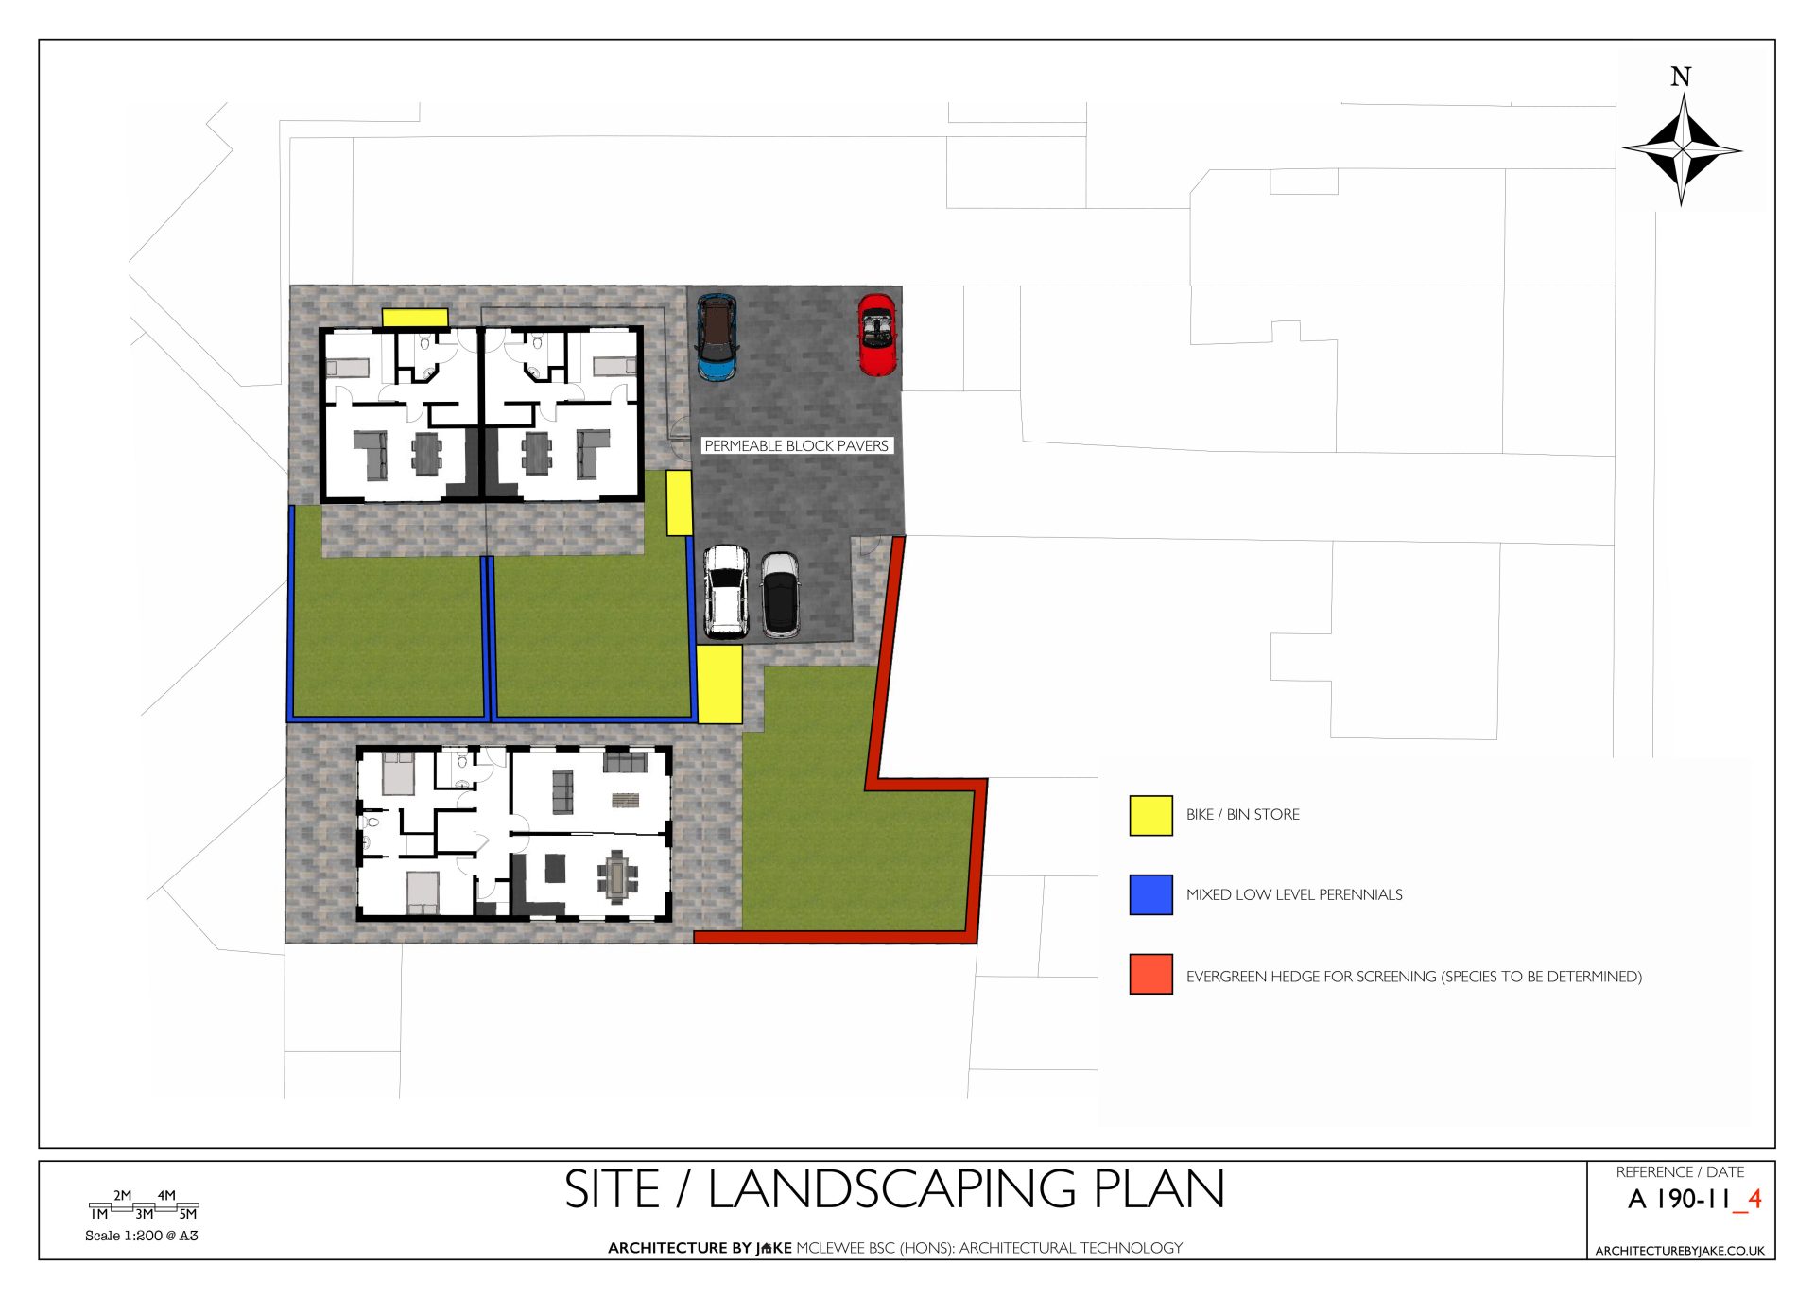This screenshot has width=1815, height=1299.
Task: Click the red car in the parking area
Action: (876, 335)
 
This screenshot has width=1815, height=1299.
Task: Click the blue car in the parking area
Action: (717, 338)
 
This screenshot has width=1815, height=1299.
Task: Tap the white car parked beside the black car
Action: (726, 591)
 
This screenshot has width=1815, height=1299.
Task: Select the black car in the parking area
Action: (781, 594)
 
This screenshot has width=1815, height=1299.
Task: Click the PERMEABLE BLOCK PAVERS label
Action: (796, 445)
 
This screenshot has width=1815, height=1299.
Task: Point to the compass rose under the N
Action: (1682, 149)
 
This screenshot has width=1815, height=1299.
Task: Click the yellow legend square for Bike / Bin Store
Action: (1150, 815)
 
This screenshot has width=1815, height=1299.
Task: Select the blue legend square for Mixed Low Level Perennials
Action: (1150, 894)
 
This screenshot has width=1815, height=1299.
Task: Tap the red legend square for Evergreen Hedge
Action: (1150, 974)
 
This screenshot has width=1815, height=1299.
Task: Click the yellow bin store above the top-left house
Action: (415, 318)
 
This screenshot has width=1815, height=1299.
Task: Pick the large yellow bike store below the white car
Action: (719, 684)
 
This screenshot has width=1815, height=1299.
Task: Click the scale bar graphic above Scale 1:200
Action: (144, 1206)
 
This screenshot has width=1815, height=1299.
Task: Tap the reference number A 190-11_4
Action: (1694, 1200)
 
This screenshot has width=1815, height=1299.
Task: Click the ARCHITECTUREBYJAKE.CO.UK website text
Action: (1680, 1250)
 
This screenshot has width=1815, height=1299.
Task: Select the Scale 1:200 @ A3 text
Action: (142, 1236)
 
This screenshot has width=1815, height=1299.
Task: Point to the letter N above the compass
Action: (1681, 77)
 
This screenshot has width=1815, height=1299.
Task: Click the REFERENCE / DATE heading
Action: (1680, 1172)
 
